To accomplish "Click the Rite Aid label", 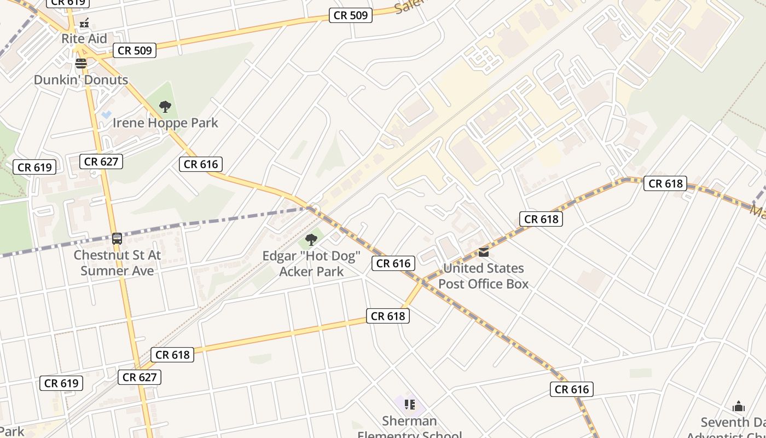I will click(x=84, y=39).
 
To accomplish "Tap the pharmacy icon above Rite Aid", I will click(x=84, y=24).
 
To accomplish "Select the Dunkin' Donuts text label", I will click(x=81, y=79).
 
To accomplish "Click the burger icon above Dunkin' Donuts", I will click(x=81, y=64).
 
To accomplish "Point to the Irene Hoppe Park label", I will click(x=165, y=123).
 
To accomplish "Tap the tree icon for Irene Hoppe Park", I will click(x=165, y=107).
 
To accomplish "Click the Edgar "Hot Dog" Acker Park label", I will click(x=311, y=263).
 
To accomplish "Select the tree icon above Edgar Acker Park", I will click(x=311, y=239).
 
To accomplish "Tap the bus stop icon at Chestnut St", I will click(x=117, y=239).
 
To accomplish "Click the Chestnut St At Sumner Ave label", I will click(x=117, y=262).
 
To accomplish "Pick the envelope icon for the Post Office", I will click(x=484, y=252).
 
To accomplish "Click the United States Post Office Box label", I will click(x=484, y=275).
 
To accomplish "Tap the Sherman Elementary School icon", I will click(x=410, y=405).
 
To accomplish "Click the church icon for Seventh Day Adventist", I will click(x=739, y=406).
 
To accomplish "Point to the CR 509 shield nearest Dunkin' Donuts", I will click(x=135, y=51).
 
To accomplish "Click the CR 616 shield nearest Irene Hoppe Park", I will click(x=201, y=164).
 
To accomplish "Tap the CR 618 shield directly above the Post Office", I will click(x=541, y=219).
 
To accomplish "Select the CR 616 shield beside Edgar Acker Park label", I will click(x=393, y=263).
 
